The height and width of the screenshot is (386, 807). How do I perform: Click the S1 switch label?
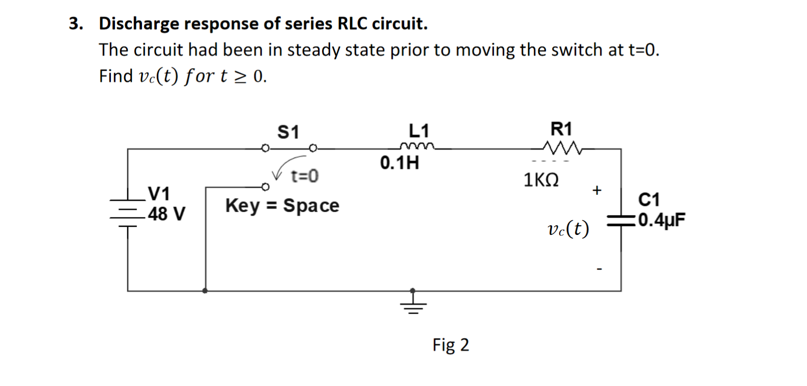point(288,132)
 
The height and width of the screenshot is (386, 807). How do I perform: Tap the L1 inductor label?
point(419,131)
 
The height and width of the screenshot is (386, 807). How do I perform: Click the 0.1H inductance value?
point(399,163)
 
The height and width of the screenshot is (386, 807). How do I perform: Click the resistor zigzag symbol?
point(562,147)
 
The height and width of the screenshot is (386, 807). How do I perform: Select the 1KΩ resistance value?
point(541,180)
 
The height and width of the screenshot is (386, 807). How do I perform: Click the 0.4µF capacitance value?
point(661,220)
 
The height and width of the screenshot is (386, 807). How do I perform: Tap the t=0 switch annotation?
point(305,176)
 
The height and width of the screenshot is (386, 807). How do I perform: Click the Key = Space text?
point(282,205)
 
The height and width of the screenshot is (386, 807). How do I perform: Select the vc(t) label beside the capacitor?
point(568,229)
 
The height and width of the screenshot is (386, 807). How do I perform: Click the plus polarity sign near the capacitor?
point(597,190)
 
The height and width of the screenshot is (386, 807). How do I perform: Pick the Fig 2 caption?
point(451,345)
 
